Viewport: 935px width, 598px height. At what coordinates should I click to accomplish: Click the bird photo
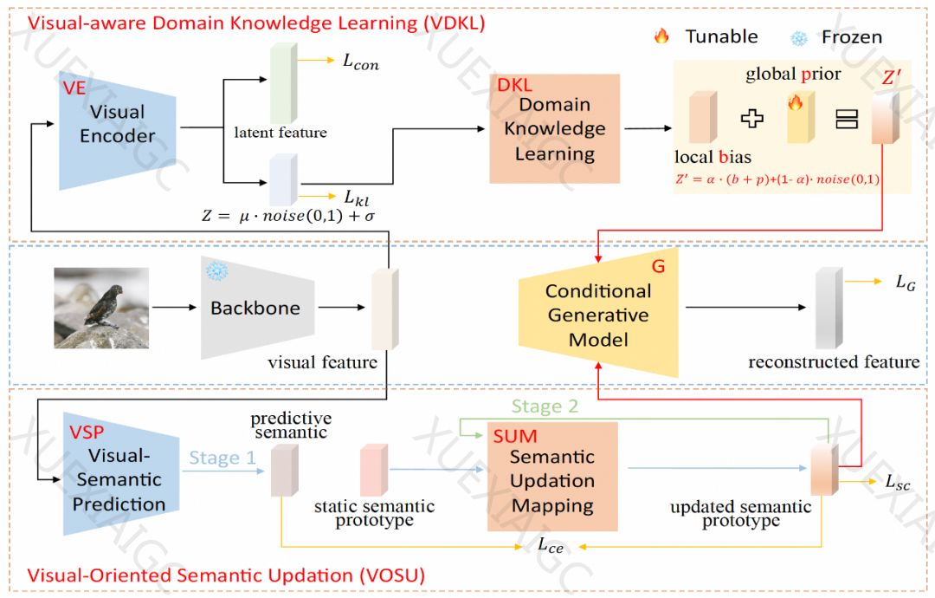pos(101,307)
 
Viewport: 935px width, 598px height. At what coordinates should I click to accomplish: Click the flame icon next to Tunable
pos(662,36)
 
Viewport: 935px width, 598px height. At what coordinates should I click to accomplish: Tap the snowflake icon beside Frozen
pos(799,37)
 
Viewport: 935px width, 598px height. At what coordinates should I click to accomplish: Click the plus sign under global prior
pos(752,119)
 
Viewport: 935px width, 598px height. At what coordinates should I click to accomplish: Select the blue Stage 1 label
pos(222,458)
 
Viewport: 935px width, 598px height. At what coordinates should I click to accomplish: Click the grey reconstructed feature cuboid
pos(829,306)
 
